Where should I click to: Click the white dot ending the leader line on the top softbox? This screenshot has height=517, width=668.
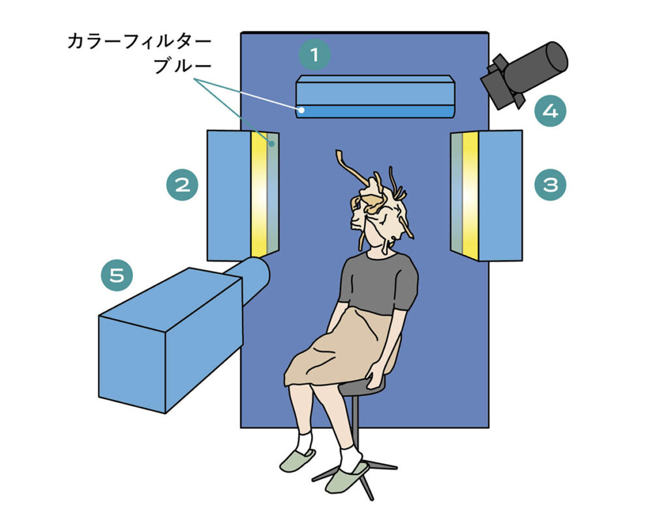point(301,110)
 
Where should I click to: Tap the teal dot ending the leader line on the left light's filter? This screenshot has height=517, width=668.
point(271,144)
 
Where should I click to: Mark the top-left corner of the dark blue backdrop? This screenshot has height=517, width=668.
point(241,33)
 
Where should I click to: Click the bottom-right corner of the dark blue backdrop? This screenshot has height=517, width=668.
point(489,427)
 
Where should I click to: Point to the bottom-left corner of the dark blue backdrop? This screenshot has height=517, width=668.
point(241,427)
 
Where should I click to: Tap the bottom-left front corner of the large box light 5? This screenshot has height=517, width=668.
point(99,397)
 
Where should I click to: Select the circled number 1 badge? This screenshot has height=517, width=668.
point(314,55)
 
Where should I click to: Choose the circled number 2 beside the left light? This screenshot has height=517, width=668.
point(183,185)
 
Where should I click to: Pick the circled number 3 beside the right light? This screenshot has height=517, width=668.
point(551,185)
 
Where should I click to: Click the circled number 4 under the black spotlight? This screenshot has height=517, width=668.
point(551,111)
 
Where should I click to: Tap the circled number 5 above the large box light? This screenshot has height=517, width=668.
point(117,275)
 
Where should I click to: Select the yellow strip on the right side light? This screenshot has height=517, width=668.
point(470,195)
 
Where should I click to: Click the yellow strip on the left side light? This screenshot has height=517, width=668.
point(258,194)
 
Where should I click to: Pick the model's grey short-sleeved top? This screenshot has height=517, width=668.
point(378,283)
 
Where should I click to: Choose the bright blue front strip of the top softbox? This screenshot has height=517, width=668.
point(375,112)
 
